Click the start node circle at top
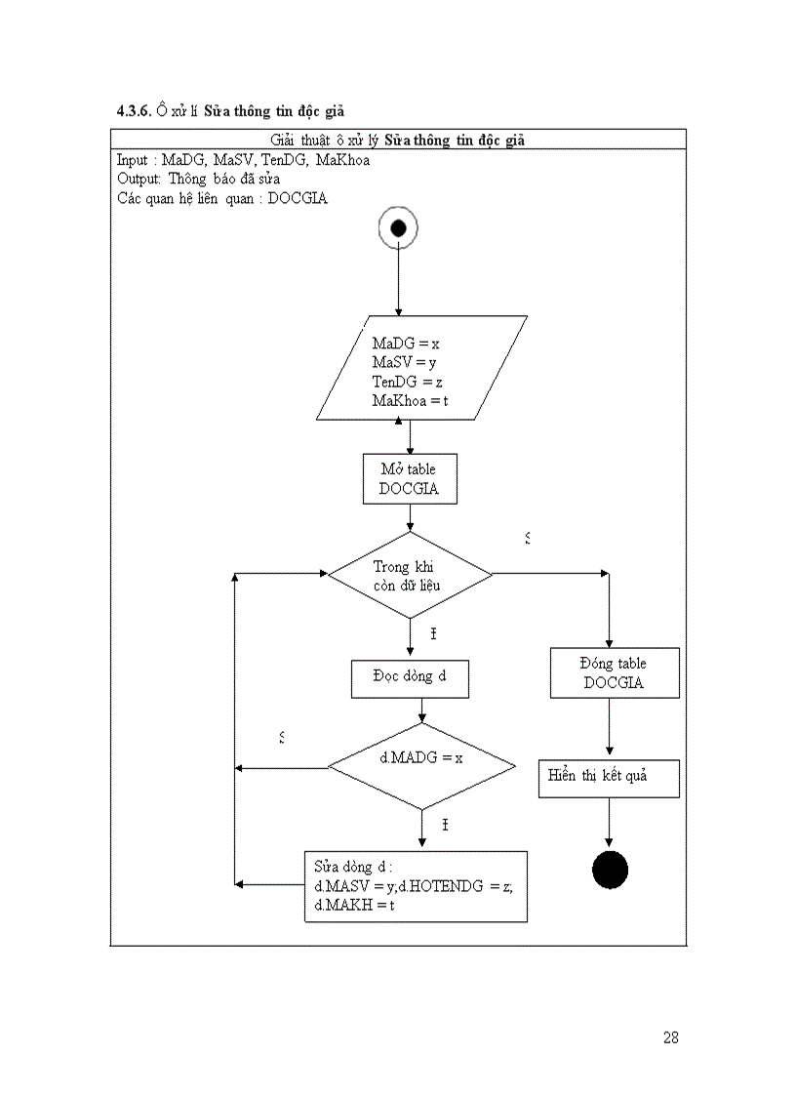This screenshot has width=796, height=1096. tap(398, 228)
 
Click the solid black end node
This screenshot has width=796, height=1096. tap(610, 870)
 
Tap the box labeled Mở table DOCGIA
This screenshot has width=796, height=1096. tap(409, 479)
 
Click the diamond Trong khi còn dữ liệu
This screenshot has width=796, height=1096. tap(409, 575)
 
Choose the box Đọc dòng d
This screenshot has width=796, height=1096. tap(410, 678)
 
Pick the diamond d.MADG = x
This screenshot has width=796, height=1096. tap(420, 766)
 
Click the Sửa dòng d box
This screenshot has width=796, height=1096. tap(417, 886)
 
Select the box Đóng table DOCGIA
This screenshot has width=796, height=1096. tap(614, 673)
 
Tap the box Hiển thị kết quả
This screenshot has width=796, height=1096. tap(609, 778)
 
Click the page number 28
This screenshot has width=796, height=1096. tap(670, 1037)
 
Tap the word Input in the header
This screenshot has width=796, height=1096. tap(133, 160)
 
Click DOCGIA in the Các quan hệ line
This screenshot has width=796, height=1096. tap(298, 198)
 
